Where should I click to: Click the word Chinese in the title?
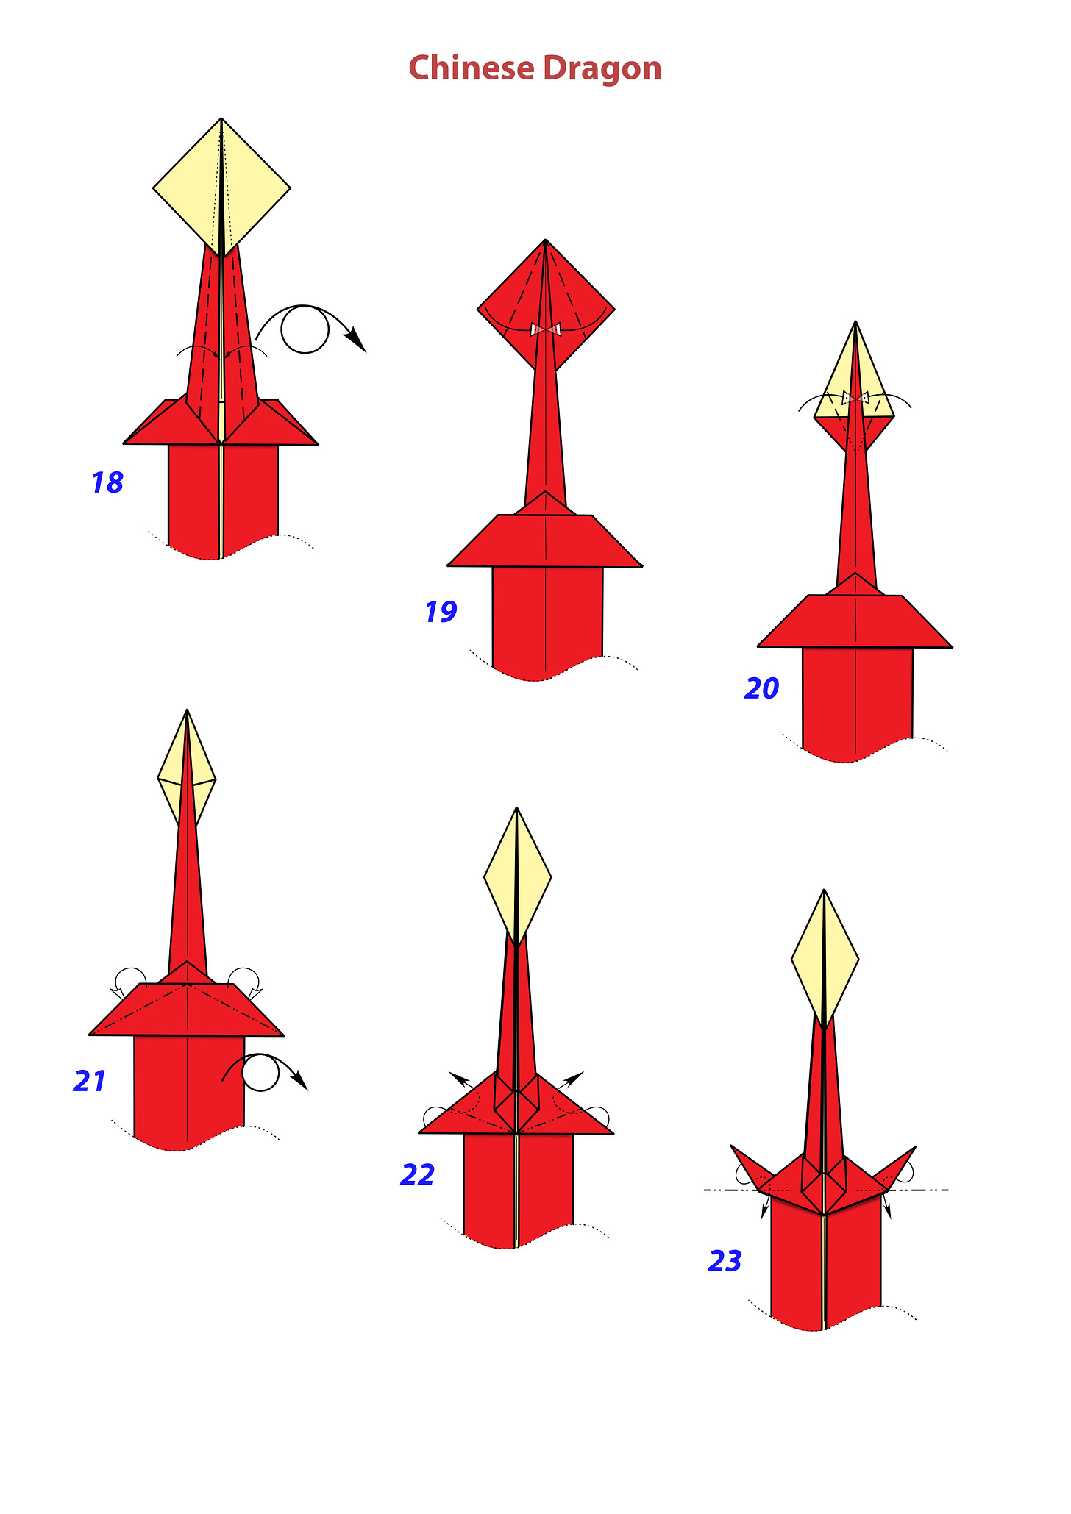[x=472, y=68]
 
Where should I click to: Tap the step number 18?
[x=107, y=483]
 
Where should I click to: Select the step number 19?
[x=441, y=612]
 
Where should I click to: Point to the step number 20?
[x=762, y=688]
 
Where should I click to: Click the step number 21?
[x=90, y=1081]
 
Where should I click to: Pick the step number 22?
[x=418, y=1175]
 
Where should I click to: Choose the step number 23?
[x=725, y=1261]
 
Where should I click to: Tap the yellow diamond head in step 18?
[x=221, y=188]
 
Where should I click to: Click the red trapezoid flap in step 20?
[x=855, y=621]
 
